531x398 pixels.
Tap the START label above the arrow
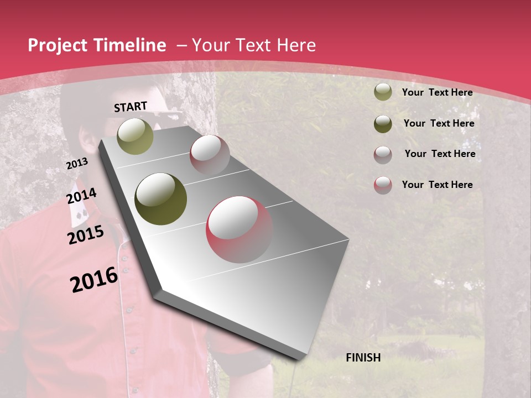coord(131,107)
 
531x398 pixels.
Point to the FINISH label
coord(363,358)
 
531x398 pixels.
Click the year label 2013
coord(77,164)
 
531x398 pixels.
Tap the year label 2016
coord(94,279)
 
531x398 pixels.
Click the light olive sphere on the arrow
coord(136,136)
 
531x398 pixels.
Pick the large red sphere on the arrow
coord(240,229)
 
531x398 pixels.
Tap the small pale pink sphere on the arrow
coord(210,154)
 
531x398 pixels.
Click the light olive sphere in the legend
coord(383,92)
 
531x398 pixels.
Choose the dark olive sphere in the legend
coord(383,123)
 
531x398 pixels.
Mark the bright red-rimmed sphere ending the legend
coord(383,185)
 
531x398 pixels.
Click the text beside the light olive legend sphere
coord(437,92)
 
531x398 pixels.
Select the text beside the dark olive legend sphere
coord(439,123)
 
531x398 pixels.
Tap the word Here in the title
coord(296,45)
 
